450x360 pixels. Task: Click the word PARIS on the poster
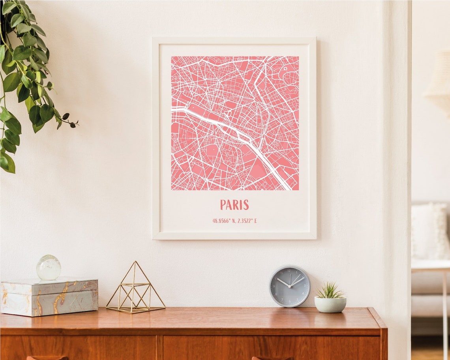coord(234,205)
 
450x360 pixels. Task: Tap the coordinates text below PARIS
coord(234,221)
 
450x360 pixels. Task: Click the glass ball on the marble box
coord(49,268)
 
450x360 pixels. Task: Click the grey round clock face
coord(289,286)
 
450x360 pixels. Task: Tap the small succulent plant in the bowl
coord(330,291)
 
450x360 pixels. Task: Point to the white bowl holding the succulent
coord(330,304)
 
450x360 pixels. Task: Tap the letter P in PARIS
coord(223,205)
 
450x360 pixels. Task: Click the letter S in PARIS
coord(246,205)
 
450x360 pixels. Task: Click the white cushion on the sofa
coord(429,231)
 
